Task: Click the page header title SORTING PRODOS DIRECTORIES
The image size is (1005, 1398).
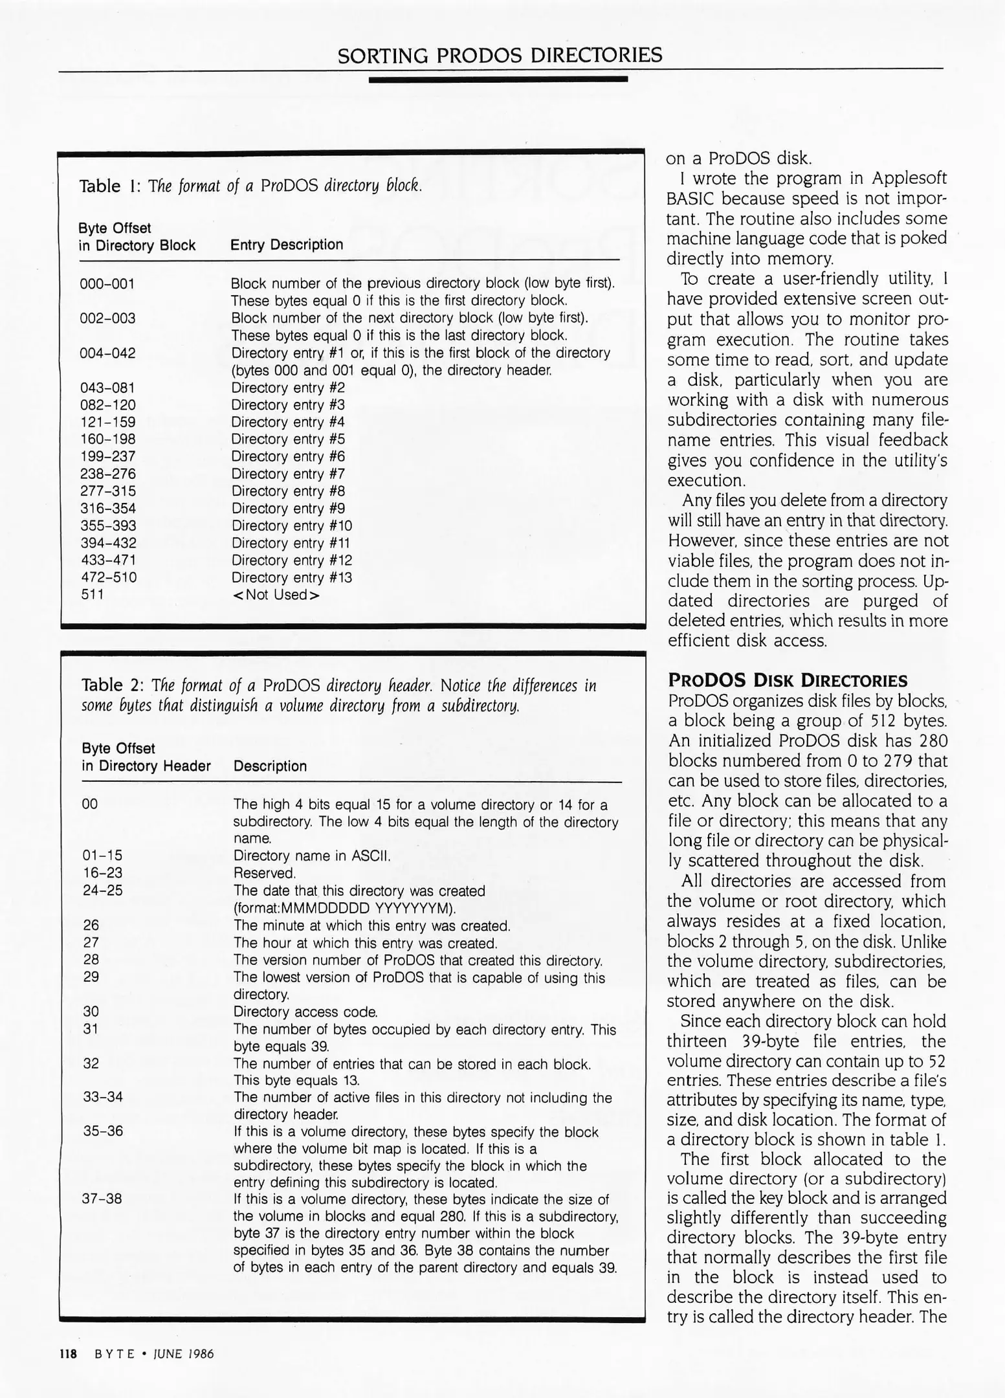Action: [500, 55]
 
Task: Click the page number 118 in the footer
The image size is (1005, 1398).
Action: [68, 1354]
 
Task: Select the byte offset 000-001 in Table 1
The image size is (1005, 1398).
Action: [107, 284]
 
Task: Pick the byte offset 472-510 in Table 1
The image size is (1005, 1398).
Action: [108, 577]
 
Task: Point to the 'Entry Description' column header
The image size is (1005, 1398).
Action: [287, 245]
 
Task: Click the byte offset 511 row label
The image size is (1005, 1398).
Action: [92, 595]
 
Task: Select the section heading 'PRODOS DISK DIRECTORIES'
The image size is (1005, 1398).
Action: [788, 680]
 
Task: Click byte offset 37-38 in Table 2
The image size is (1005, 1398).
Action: [102, 1199]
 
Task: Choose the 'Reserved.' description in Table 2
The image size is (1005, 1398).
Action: [265, 873]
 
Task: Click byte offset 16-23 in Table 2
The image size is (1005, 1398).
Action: [102, 873]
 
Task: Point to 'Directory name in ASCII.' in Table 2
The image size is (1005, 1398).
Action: [313, 856]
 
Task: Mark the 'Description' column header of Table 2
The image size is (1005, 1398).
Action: [270, 766]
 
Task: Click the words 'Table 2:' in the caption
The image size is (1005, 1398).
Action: [112, 685]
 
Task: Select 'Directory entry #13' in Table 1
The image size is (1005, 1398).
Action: [292, 577]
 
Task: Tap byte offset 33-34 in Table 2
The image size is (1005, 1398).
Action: [103, 1097]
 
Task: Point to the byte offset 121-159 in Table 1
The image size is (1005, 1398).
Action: [107, 422]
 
